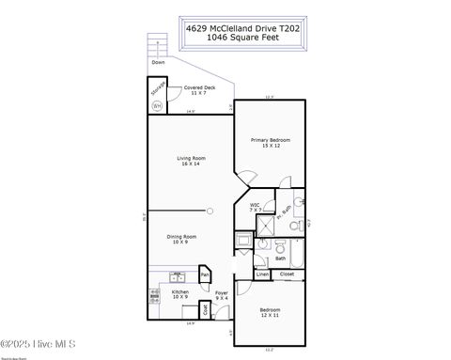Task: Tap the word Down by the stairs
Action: click(158, 62)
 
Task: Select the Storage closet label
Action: click(159, 88)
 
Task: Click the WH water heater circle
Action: click(157, 104)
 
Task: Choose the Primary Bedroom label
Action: click(271, 143)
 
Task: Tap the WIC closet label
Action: click(256, 207)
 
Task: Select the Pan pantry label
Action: click(203, 275)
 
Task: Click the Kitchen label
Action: click(180, 294)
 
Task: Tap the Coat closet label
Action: click(204, 306)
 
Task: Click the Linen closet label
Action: click(261, 274)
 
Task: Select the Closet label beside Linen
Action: click(287, 274)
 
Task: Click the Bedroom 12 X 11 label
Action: click(271, 312)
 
